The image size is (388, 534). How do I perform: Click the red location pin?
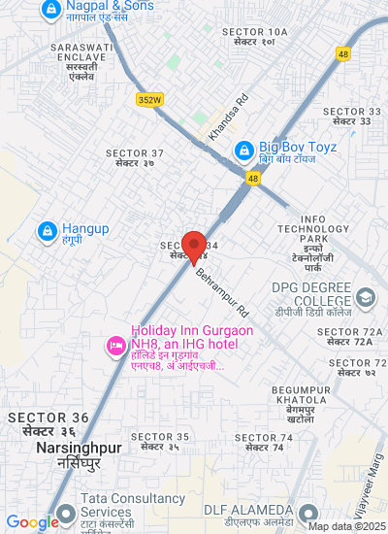point(194,247)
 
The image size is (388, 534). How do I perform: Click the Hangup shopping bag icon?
point(46,231)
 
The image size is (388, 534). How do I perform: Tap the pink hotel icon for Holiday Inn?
point(115,345)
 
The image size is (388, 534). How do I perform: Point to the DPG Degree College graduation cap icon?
point(366,297)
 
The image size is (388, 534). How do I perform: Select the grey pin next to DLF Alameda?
point(308,513)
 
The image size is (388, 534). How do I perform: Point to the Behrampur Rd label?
point(222,291)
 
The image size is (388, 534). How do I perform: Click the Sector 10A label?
point(255,37)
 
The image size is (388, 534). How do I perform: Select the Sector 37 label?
point(137,158)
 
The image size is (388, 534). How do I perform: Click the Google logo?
point(31,522)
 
